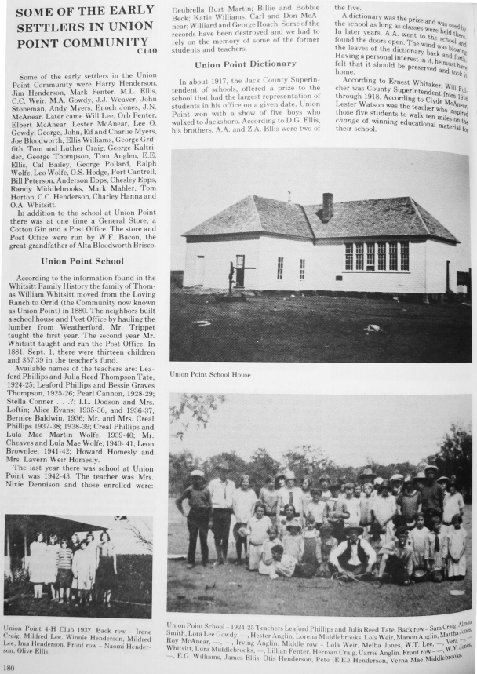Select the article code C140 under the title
click(146, 52)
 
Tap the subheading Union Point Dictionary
click(246, 64)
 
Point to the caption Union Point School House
click(209, 373)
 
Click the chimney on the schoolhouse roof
click(327, 207)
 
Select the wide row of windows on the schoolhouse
click(377, 256)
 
